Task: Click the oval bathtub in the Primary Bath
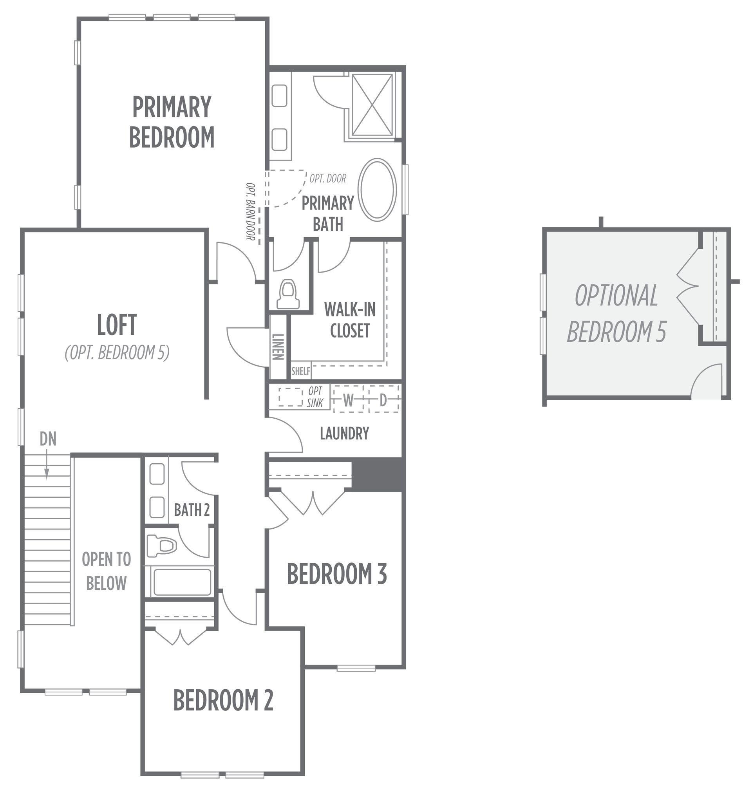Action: click(377, 190)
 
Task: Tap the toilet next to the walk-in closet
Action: click(289, 294)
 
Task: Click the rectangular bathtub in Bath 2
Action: click(182, 582)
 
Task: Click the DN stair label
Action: click(48, 439)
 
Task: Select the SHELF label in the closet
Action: click(301, 371)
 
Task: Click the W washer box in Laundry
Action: click(348, 399)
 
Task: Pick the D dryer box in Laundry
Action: click(383, 399)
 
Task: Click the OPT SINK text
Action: click(315, 397)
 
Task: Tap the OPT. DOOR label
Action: click(328, 178)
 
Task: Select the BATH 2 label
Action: click(192, 510)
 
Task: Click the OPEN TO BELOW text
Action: click(106, 571)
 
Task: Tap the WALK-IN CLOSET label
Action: click(349, 320)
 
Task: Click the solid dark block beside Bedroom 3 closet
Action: click(377, 474)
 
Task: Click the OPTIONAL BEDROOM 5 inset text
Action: click(616, 314)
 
